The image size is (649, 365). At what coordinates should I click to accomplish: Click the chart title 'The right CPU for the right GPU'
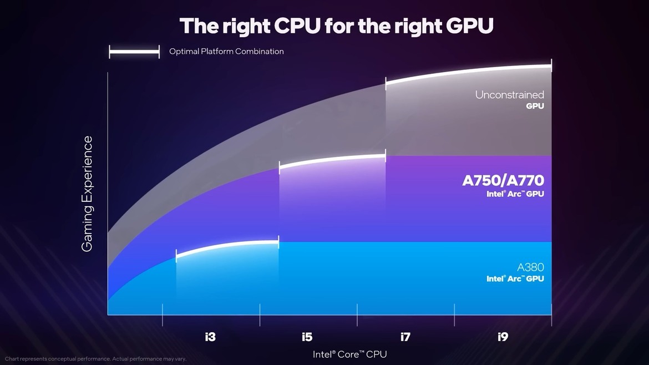336,26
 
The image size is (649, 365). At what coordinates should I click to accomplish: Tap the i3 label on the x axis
210,337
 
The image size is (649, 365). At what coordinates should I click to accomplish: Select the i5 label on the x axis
307,337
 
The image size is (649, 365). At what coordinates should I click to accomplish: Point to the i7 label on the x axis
405,337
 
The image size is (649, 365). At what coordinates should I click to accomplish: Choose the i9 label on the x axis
503,337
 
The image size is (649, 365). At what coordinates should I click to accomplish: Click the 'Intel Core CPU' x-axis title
349,354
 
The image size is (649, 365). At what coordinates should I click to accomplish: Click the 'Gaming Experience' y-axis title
87,194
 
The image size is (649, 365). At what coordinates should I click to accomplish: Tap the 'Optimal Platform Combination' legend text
226,52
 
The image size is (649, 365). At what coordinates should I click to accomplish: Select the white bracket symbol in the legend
134,53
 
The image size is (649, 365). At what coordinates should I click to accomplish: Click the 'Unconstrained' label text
509,95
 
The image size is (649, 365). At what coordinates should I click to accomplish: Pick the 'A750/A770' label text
503,180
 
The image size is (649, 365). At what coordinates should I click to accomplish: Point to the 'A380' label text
530,267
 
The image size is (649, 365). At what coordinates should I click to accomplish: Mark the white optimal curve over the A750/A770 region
333,159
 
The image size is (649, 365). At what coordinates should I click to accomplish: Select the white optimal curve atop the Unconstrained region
469,71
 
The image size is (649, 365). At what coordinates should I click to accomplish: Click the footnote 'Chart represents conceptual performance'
95,359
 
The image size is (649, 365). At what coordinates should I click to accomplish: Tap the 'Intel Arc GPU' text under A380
515,278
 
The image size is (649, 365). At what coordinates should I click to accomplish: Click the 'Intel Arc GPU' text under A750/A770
515,194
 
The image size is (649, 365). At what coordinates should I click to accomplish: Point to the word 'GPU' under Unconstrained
535,106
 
